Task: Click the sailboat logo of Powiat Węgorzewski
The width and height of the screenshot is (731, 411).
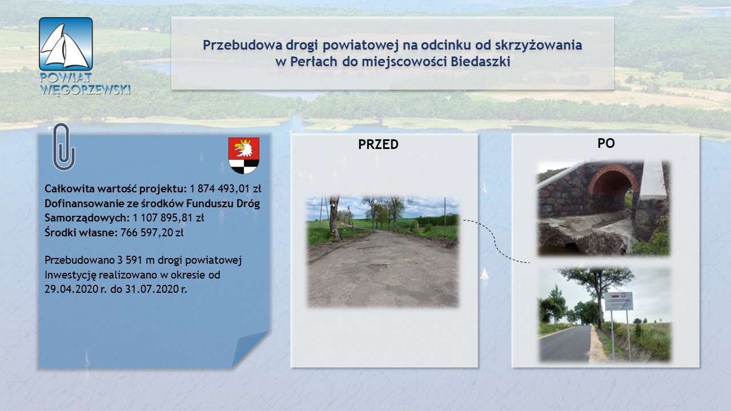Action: tap(66, 44)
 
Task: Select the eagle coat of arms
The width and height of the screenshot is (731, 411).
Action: tap(244, 156)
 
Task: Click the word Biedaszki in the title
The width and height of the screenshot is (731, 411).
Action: tap(480, 62)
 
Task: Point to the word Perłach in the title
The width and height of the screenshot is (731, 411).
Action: tap(314, 62)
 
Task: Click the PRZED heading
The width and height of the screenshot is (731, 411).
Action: tap(378, 144)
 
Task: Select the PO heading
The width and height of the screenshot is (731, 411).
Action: tap(606, 143)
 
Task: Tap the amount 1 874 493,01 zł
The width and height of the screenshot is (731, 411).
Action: tap(226, 188)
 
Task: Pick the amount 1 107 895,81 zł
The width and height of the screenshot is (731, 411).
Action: tap(168, 217)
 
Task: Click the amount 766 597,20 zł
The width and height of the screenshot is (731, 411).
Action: tap(152, 232)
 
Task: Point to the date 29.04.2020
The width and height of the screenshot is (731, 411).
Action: tap(71, 289)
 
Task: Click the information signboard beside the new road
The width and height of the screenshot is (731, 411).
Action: tap(618, 301)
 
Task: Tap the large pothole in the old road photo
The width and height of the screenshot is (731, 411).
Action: tap(378, 267)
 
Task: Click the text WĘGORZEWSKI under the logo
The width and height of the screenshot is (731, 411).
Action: tap(85, 90)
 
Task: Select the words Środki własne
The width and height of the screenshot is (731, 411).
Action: tap(81, 232)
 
